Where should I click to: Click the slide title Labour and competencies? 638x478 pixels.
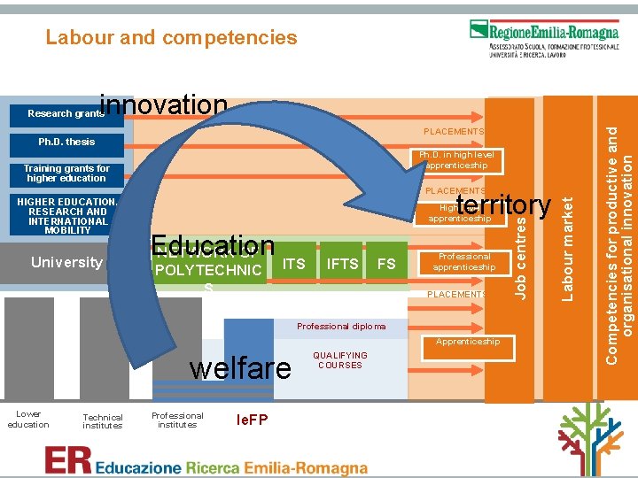click(171, 37)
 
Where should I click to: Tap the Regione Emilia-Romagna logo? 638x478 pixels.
click(544, 38)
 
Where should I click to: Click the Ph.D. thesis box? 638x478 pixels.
click(66, 142)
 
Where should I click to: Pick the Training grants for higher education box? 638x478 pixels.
click(66, 173)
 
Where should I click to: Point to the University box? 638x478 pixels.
click(66, 262)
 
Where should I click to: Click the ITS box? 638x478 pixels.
click(293, 263)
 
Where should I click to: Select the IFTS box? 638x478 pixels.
click(342, 263)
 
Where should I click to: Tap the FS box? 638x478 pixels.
click(386, 263)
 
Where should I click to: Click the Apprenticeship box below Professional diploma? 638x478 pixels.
click(466, 342)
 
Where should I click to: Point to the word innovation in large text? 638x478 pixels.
click(164, 105)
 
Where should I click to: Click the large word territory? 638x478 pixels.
click(503, 205)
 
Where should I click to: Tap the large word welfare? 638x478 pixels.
click(240, 366)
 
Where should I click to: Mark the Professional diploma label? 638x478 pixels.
click(341, 327)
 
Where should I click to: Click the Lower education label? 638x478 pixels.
click(28, 420)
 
